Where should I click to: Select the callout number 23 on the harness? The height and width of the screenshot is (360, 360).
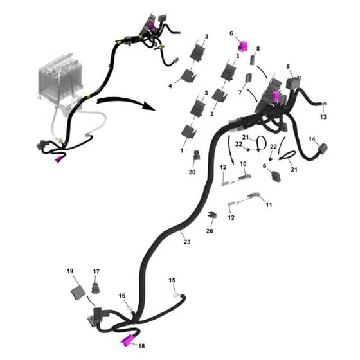click(x=187, y=242)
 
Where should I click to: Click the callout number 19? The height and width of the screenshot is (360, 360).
click(x=70, y=271)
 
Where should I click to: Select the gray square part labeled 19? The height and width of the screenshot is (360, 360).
click(x=78, y=293)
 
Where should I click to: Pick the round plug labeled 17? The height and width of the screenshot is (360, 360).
click(x=96, y=288)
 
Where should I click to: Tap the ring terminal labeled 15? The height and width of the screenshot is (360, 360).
click(x=176, y=295)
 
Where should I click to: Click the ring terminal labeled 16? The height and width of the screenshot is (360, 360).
click(x=130, y=309)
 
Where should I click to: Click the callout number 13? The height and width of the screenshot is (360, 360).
click(x=323, y=117)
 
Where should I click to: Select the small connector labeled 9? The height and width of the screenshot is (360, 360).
click(x=276, y=176)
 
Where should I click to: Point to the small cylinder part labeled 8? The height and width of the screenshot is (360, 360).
click(x=253, y=60)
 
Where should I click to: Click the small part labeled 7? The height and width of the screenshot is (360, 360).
click(x=248, y=78)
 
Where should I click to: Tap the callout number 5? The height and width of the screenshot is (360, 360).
click(x=288, y=67)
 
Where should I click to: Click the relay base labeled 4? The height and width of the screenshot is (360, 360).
click(x=189, y=76)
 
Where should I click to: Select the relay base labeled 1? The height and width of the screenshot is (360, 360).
click(x=189, y=131)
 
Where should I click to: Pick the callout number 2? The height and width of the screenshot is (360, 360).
click(x=212, y=113)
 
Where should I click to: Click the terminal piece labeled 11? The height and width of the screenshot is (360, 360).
click(x=254, y=195)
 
